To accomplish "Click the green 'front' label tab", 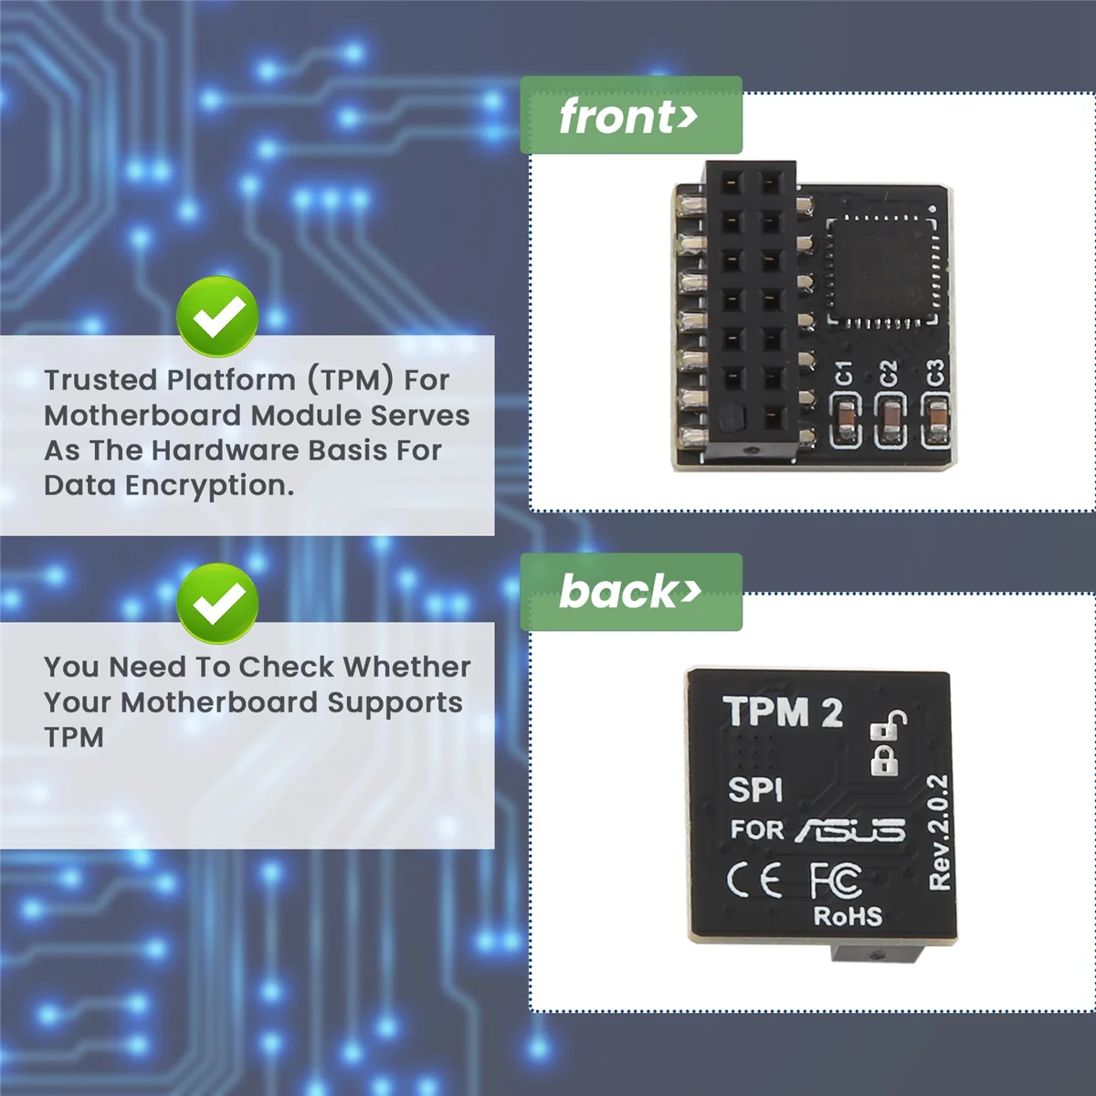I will [x=630, y=116].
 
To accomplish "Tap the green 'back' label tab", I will [x=630, y=592].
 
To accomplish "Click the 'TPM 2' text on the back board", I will [x=784, y=712].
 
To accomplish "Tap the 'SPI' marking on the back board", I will [x=755, y=789].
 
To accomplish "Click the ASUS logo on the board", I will [x=850, y=829].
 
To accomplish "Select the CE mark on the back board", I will [x=754, y=880].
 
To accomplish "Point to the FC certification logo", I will [x=836, y=879].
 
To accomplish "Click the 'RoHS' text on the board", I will [x=848, y=916].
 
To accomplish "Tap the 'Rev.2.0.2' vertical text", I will [x=938, y=832].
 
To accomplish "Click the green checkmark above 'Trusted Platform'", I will [x=217, y=317].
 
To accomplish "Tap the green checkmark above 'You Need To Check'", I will [x=217, y=603].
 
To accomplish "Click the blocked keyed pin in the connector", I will [x=731, y=419].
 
